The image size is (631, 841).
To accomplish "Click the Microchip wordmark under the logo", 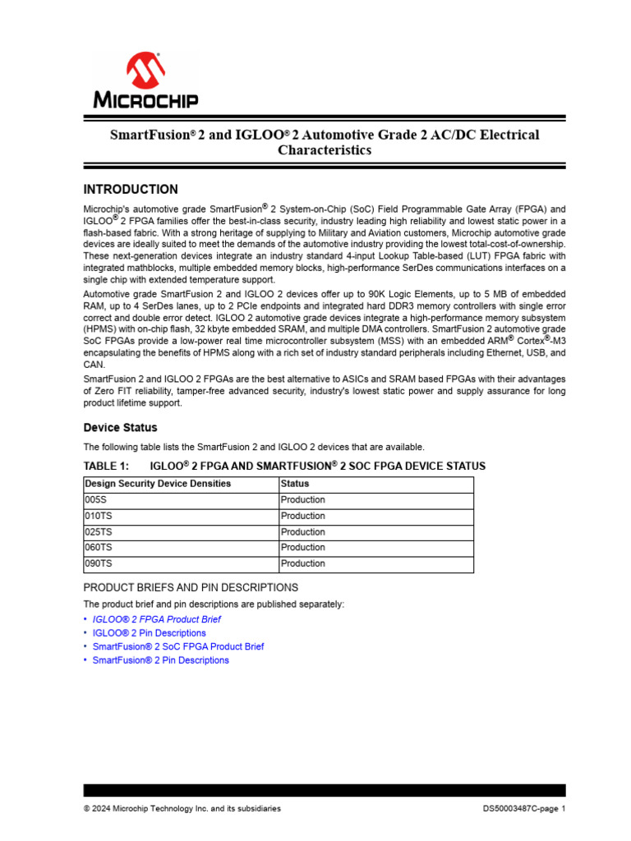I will [145, 100].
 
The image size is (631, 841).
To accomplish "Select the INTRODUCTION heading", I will [131, 190].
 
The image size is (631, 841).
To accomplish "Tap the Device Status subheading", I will [121, 428].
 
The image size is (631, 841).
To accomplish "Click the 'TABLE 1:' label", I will [107, 466].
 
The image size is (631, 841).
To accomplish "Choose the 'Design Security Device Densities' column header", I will [158, 484].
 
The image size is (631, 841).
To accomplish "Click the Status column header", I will [294, 484].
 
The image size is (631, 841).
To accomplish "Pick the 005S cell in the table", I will [96, 500].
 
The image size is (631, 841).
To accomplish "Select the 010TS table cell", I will [99, 516].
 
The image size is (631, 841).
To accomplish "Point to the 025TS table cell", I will [99, 532].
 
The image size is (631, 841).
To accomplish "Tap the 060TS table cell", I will [99, 548].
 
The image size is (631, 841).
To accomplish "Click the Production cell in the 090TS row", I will [302, 563].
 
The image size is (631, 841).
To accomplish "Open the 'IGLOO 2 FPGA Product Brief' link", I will [156, 619].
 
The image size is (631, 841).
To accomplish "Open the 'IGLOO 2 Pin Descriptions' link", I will [149, 633].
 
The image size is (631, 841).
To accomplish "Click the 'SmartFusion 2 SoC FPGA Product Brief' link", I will [178, 646].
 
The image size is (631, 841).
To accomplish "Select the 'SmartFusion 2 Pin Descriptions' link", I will [161, 660].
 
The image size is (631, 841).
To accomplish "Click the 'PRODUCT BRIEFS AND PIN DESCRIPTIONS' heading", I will [191, 587].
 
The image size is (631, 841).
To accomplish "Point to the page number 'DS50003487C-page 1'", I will [523, 809].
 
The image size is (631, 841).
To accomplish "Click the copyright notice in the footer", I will [182, 809].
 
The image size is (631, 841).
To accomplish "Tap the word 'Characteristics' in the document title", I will [325, 150].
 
